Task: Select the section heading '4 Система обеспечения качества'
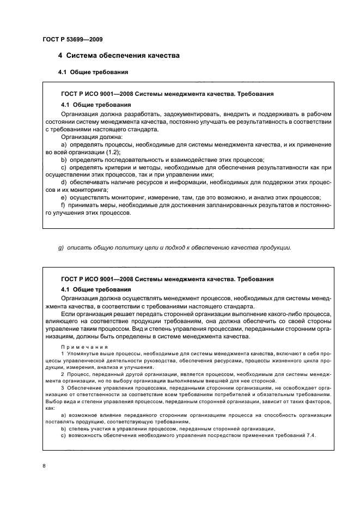point(119,56)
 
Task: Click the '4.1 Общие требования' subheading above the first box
point(93,72)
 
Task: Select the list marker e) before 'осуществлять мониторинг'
point(64,197)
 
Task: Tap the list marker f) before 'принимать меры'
point(63,204)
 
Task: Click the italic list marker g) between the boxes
point(61,248)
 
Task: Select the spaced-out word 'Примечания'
point(84,347)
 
